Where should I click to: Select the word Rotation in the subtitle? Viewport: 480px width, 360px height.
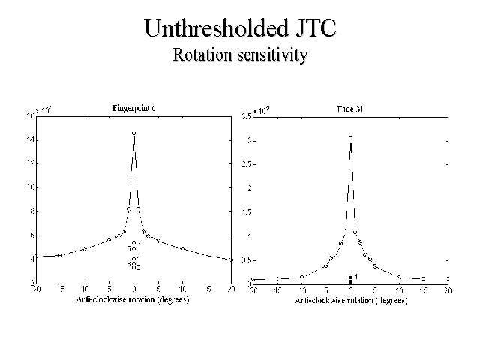[x=201, y=55]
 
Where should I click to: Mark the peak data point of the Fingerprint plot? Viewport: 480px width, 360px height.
[x=133, y=133]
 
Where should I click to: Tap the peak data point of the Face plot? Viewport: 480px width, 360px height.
[x=350, y=139]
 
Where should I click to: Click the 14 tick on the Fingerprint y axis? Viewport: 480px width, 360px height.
[x=31, y=140]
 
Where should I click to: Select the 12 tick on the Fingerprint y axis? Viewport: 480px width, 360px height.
[x=31, y=163]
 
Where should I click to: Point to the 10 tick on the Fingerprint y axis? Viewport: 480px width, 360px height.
[x=31, y=187]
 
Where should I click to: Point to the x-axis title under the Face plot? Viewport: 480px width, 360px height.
[x=349, y=300]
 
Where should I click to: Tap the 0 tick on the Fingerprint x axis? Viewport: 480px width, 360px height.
[x=133, y=289]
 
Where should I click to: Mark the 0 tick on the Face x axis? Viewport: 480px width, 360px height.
[x=350, y=289]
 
